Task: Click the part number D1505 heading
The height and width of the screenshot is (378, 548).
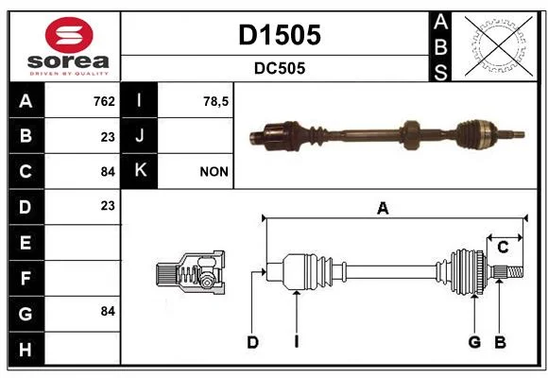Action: (x=280, y=35)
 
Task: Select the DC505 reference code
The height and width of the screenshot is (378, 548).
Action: (x=280, y=68)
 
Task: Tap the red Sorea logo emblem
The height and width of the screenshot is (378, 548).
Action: (x=69, y=35)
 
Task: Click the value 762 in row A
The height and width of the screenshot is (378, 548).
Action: (x=104, y=101)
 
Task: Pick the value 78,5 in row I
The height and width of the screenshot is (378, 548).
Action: (x=215, y=102)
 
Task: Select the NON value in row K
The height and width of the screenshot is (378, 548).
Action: (x=214, y=172)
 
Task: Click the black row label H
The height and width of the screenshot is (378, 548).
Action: (x=26, y=350)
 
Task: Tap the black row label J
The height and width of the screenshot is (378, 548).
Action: (x=139, y=135)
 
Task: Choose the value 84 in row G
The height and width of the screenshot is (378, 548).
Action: (x=108, y=311)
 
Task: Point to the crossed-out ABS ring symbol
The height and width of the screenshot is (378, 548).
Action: (x=499, y=45)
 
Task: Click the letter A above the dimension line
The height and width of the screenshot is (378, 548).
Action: (x=383, y=209)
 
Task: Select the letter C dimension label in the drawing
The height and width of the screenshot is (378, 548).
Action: (x=503, y=248)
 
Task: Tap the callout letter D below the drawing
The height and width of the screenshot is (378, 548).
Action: (x=252, y=342)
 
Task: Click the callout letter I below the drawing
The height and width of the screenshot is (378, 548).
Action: (x=297, y=342)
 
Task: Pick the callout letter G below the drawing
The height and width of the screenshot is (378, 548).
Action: (x=474, y=342)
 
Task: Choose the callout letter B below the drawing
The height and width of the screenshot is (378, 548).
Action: (x=500, y=342)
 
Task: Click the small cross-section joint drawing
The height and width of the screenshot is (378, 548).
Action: (x=191, y=273)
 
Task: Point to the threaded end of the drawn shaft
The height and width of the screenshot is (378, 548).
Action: (x=515, y=272)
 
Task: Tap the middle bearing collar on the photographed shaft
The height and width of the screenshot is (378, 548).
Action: (x=410, y=135)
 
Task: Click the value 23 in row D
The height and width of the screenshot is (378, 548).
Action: (x=108, y=206)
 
